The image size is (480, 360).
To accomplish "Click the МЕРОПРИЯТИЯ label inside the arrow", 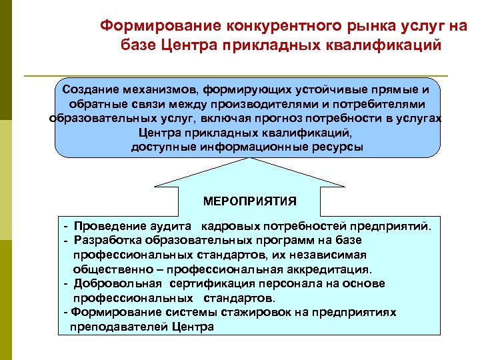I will point(250,201).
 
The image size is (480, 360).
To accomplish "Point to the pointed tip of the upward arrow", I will point(250,159).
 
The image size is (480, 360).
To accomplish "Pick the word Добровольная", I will point(117,283).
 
